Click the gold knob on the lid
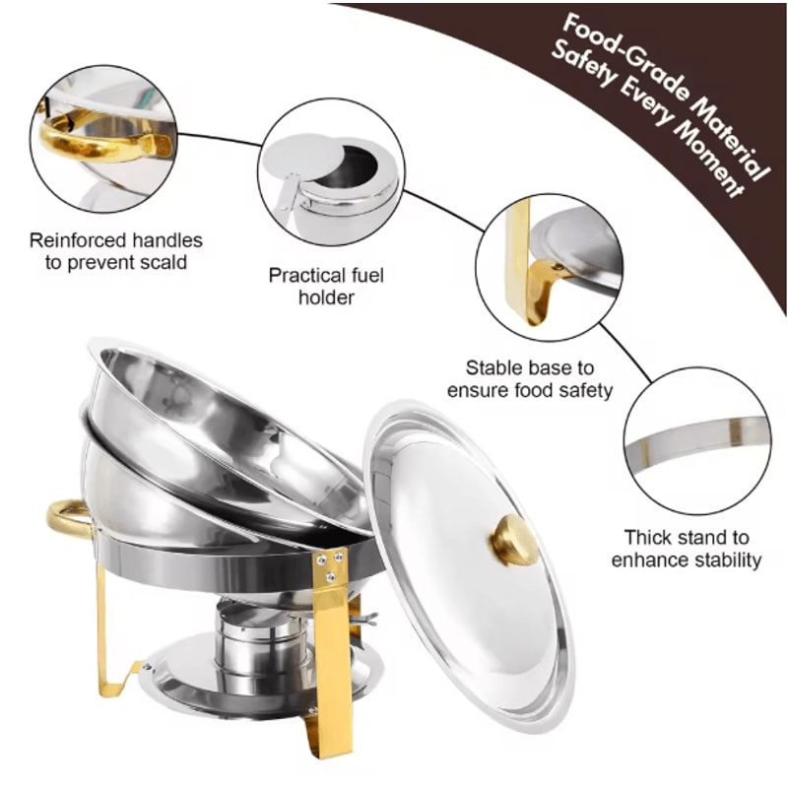(514, 541)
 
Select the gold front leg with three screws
(329, 630)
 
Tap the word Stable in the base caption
(492, 367)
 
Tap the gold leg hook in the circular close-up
(541, 286)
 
